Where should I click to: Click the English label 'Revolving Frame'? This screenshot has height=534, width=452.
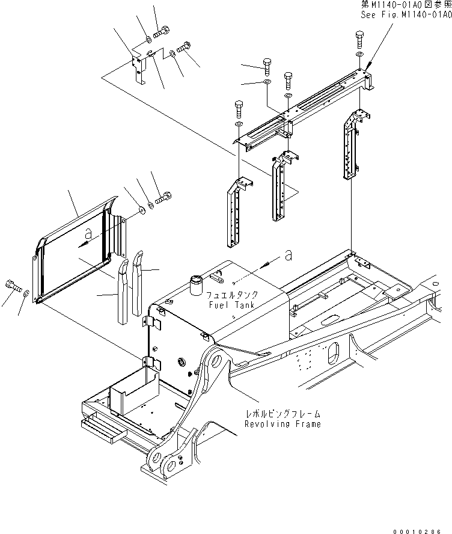click(x=282, y=423)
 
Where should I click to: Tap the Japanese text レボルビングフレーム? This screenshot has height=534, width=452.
click(x=282, y=414)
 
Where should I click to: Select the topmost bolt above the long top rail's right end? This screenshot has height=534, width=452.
click(x=359, y=40)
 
